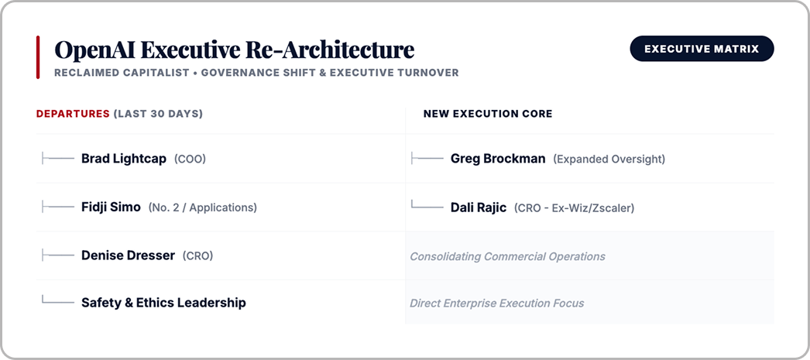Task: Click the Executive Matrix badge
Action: pos(702,49)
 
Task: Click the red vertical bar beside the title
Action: pos(38,57)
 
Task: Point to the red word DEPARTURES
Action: pos(73,114)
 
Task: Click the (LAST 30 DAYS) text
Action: pos(158,114)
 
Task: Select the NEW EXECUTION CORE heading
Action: pos(488,114)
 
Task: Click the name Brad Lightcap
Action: pos(124,159)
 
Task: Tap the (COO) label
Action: pos(190,159)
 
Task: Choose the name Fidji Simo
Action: pos(111,207)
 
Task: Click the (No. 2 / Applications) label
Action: pos(203,207)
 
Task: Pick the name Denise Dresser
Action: pos(128,255)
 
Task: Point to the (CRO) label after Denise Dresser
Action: pos(197,255)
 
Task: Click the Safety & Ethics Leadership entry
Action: pos(163,303)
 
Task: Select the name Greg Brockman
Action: pos(498,159)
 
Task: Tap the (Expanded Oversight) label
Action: pos(609,159)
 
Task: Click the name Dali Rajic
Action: pos(479,207)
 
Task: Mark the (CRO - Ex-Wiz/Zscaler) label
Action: pos(574,207)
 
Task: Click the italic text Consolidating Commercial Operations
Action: pos(507,257)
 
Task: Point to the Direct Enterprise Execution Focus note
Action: pos(497,303)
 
